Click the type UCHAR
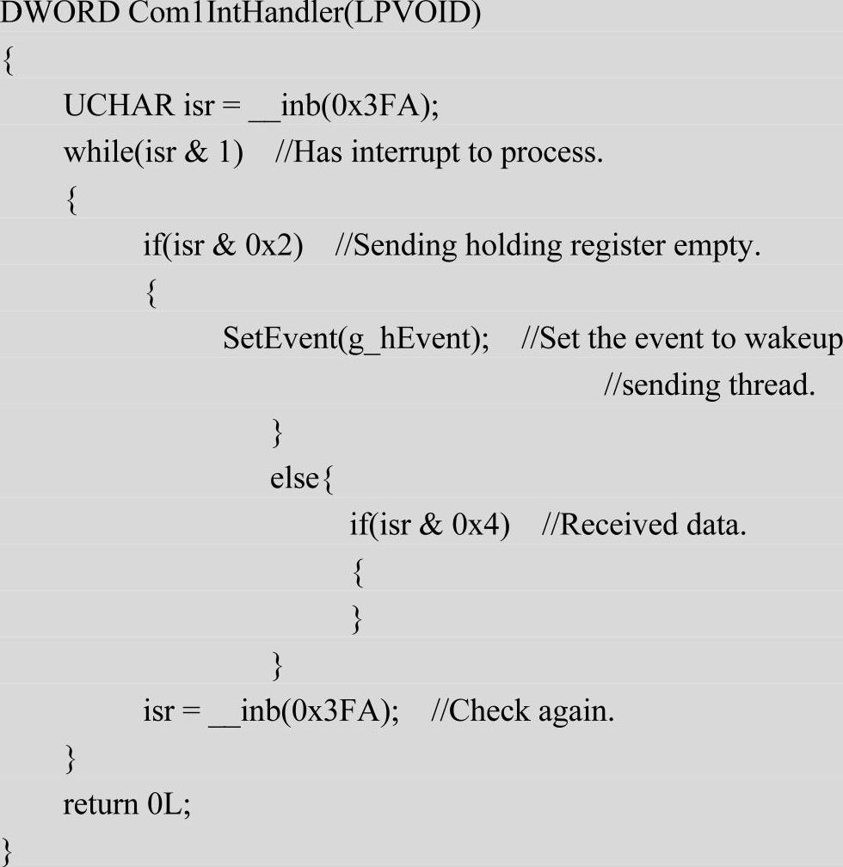pyautogui.click(x=119, y=106)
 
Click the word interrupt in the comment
pyautogui.click(x=406, y=152)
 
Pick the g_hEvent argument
pyautogui.click(x=406, y=339)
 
